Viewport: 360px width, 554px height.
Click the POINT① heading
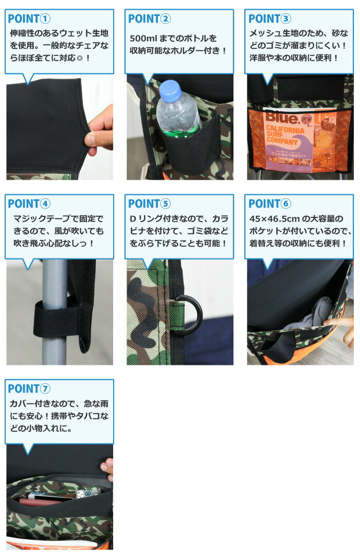coord(29,19)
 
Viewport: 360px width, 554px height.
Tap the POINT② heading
coord(149,19)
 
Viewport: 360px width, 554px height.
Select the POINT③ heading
coord(269,19)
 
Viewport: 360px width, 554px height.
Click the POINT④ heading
coord(29,204)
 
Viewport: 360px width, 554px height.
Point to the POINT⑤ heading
coord(149,204)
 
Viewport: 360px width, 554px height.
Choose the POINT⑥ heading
coord(269,204)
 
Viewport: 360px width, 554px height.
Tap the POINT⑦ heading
coord(29,389)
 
